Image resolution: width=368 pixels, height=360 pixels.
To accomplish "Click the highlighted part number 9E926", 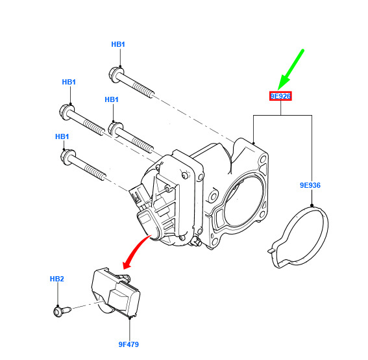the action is pos(280,96).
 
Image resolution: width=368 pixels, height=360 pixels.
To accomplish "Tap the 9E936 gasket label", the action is pos(310,185).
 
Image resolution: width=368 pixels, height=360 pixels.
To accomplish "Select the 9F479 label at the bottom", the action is pos(129,344).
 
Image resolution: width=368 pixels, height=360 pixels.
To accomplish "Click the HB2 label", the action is pos(57,279).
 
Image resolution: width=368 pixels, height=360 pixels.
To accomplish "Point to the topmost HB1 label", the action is pos(118,44).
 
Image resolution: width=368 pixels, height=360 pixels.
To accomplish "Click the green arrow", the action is pos(291,70).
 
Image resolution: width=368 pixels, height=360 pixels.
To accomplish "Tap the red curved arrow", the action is pos(136,252).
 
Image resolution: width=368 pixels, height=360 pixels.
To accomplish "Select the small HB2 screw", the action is pos(62,311).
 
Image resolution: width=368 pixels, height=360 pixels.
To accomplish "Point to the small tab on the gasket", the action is pos(271,250).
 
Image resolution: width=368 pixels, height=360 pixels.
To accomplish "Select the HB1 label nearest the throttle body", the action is pos(112,99).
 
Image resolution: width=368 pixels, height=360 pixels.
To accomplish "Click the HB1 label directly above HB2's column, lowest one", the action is pos(62,136).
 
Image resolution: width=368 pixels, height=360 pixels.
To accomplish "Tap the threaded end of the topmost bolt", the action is pos(143,90).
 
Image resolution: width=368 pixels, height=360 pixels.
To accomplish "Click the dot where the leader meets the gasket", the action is pos(312,205).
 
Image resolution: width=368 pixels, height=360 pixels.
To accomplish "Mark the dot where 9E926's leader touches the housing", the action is pos(253,143).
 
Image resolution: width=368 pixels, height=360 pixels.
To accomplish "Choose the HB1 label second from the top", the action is pos(69,82).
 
